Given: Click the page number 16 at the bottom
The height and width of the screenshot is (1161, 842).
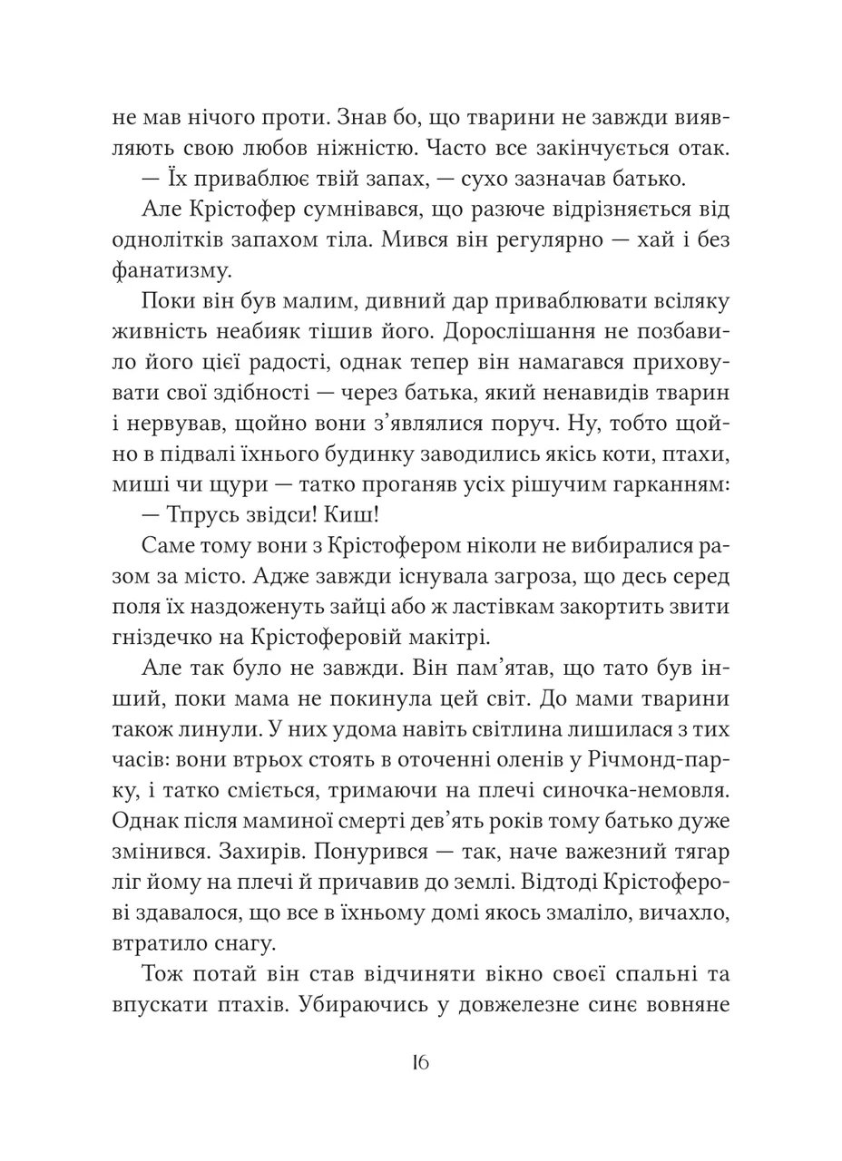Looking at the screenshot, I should click(x=419, y=1063).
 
